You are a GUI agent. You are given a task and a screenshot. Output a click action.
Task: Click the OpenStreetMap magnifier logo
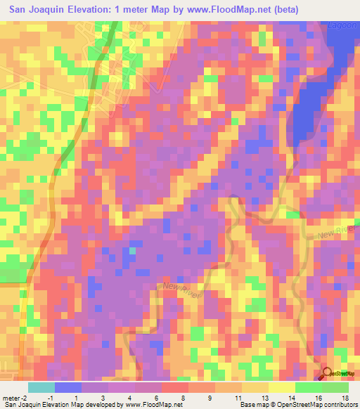pyautogui.click(x=328, y=373)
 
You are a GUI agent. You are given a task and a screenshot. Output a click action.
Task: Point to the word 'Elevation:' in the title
pyautogui.click(x=98, y=10)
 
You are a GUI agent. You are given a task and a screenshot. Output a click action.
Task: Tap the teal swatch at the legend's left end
pyautogui.click(x=41, y=387)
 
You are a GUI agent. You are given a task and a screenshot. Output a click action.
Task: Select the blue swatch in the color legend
pyautogui.click(x=67, y=387)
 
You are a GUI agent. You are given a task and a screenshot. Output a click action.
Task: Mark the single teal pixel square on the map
pyautogui.click(x=132, y=251)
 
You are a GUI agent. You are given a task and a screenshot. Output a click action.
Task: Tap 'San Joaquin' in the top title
pyautogui.click(x=35, y=10)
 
